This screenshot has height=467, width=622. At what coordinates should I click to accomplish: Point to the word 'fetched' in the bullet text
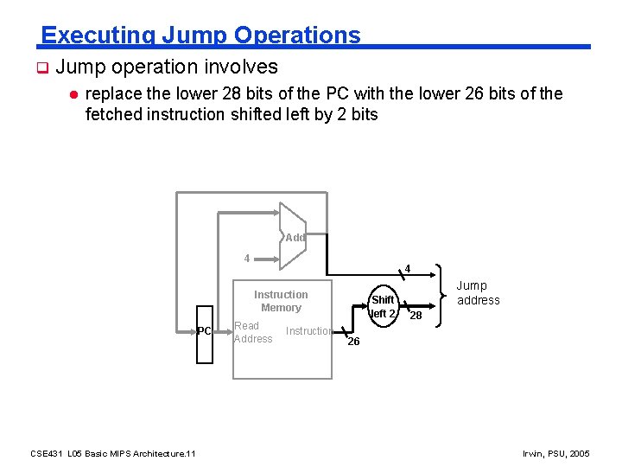112,114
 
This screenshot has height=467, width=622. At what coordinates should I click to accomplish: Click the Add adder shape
292,236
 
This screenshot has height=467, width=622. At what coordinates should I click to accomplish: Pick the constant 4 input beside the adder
247,258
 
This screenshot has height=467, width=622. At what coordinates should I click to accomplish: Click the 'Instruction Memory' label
281,301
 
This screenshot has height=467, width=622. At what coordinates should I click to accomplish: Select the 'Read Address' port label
252,332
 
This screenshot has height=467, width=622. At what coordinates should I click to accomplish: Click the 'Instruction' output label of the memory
309,331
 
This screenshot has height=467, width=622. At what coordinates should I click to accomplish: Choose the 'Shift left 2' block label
383,306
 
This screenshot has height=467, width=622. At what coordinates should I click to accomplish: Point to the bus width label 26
352,342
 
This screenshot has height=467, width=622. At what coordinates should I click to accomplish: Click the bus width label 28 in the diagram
416,316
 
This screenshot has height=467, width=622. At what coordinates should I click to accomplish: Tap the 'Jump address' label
478,293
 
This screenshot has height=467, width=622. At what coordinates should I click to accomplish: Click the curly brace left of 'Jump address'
442,296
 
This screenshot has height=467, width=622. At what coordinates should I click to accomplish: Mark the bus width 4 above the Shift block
408,267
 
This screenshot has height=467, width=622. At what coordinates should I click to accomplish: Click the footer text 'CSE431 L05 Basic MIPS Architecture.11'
113,453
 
